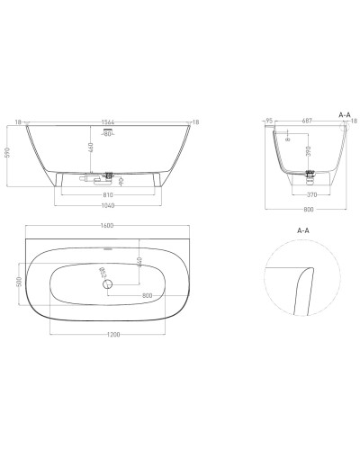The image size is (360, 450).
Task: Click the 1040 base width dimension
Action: pos(107,204)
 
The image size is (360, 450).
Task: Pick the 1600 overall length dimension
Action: pos(107,226)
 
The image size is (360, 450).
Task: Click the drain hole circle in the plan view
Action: pos(108,284)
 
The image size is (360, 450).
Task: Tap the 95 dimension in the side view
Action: pos(271,121)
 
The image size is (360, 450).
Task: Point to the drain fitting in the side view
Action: pos(310,174)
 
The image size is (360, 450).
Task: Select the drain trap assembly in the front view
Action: pos(108,175)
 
